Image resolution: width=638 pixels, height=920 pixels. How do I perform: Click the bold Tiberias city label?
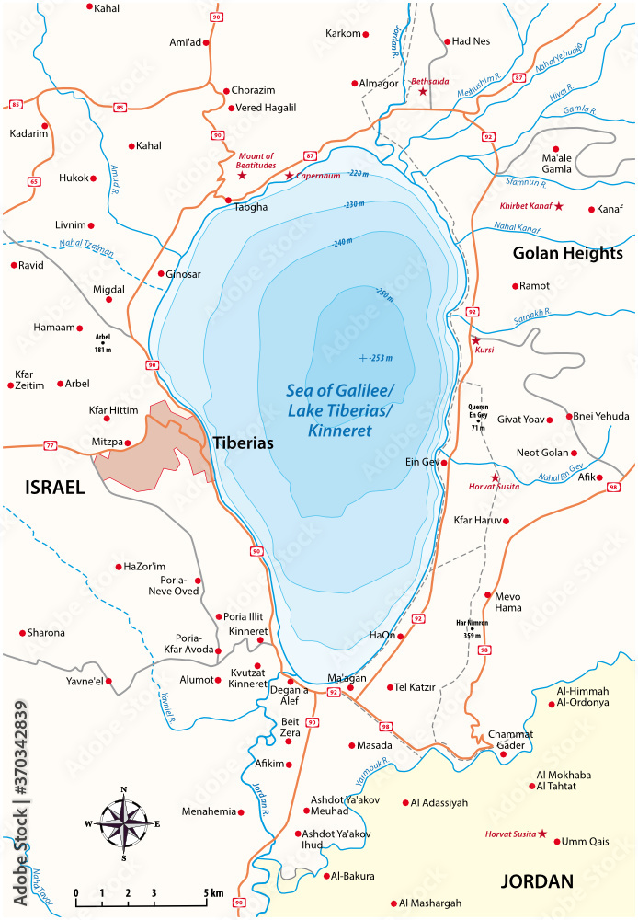(x=243, y=443)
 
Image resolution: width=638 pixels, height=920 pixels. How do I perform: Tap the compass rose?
(x=124, y=822)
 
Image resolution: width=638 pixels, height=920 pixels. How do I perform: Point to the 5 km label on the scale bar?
(x=213, y=892)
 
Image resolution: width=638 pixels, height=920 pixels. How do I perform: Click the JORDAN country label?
(x=536, y=881)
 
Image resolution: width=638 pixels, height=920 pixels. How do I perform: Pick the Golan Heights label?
(x=567, y=253)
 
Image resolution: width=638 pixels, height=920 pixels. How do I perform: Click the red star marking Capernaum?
(x=289, y=176)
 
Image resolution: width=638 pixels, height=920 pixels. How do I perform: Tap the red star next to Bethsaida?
(x=423, y=92)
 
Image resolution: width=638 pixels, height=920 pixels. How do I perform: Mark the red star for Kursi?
(x=475, y=340)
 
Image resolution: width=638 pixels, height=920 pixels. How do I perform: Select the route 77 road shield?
(x=50, y=445)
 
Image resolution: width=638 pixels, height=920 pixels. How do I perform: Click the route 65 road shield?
(x=34, y=182)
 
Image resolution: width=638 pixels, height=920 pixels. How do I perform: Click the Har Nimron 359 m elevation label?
(x=472, y=627)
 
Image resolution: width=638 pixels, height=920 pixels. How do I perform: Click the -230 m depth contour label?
(x=354, y=205)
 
